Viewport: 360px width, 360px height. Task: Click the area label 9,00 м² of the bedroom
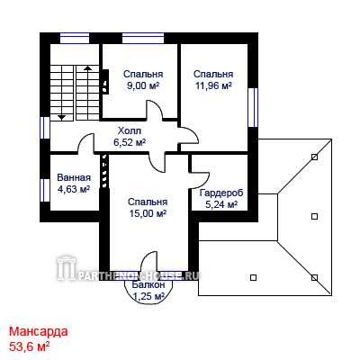coord(142,85)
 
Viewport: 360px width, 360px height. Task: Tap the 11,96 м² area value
coord(213,85)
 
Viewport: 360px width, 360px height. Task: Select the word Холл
coord(130,130)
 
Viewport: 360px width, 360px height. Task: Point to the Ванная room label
coord(74,177)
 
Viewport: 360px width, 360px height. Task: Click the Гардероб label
coord(221,193)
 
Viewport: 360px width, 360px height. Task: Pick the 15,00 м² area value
coord(148,213)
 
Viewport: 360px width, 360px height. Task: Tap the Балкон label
coord(148,284)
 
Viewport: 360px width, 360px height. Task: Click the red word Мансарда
coord(39,332)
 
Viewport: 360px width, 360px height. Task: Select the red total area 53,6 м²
coord(30,346)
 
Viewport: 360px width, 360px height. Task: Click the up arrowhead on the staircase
coord(87,67)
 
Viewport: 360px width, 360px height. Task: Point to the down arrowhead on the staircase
coord(61,117)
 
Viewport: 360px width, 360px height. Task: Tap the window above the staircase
coord(75,38)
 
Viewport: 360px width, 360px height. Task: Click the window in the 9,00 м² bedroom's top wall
coord(143,38)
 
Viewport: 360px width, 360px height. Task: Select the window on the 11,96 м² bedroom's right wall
coord(253,107)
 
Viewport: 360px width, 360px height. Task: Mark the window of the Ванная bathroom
coord(45,190)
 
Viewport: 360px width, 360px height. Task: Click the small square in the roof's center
coord(314,216)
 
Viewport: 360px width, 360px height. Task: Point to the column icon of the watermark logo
coord(66,267)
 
